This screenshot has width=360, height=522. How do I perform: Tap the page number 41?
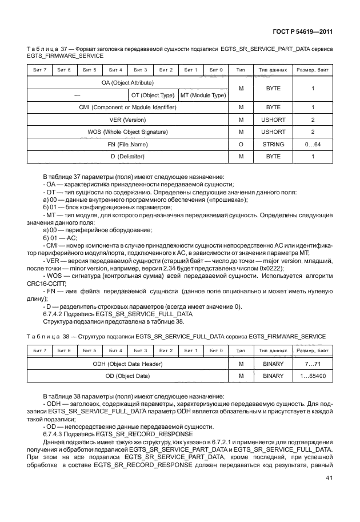[x=329, y=478]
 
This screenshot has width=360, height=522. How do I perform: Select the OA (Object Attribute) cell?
[x=127, y=83]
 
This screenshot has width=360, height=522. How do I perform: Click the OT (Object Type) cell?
[x=153, y=95]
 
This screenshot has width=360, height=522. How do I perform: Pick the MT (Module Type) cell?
[x=203, y=95]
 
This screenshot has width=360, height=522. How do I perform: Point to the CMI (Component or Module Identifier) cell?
[x=127, y=107]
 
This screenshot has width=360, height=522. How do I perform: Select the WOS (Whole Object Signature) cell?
[x=127, y=132]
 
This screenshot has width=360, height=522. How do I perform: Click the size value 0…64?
[x=313, y=145]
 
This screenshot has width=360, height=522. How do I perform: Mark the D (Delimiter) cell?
[x=127, y=157]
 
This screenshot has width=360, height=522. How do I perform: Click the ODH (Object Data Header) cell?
[x=127, y=364]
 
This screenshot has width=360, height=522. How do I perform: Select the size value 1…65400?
[x=313, y=376]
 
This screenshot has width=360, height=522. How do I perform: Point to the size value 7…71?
[x=313, y=364]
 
